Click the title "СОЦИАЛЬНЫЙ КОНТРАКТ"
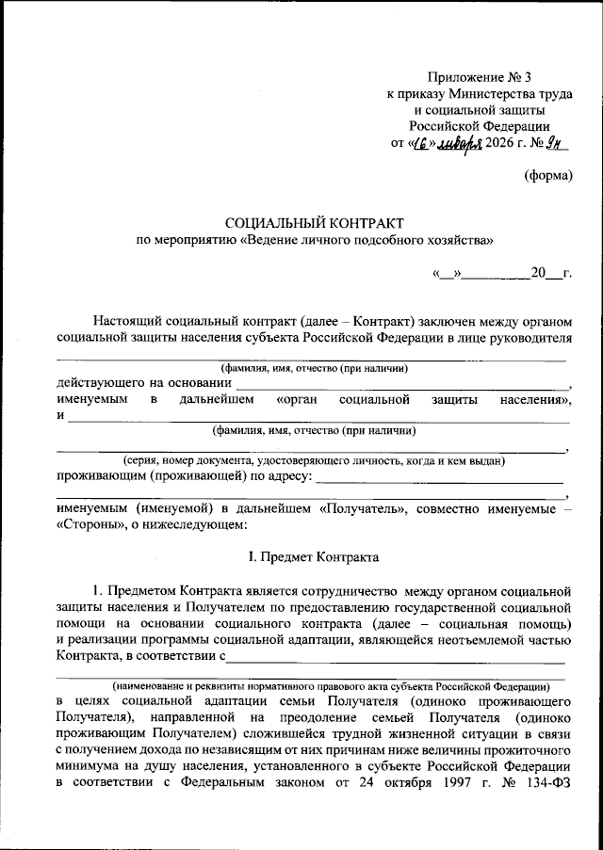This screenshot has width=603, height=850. click(x=314, y=223)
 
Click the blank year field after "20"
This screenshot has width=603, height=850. click(x=554, y=274)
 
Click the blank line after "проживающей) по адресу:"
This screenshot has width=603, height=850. click(x=441, y=479)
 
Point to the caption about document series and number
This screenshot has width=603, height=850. click(x=315, y=461)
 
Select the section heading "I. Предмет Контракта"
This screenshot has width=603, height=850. click(x=314, y=557)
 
